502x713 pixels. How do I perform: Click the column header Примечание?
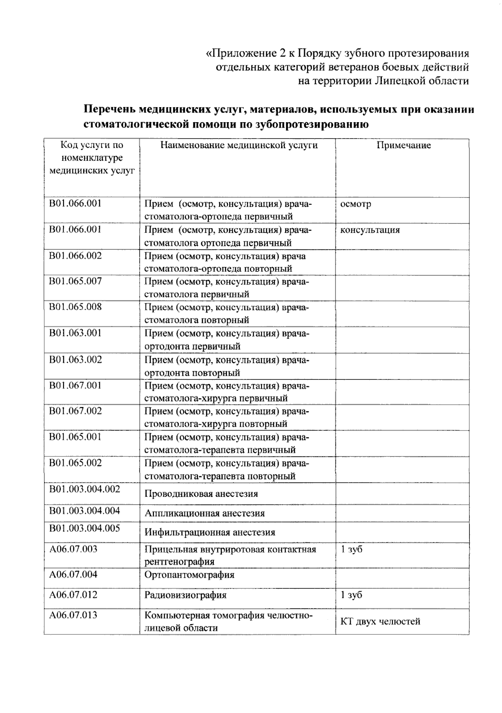(403, 145)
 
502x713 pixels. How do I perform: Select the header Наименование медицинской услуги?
(239, 145)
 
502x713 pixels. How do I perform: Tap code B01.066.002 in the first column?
(75, 256)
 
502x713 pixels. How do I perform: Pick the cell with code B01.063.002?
(75, 359)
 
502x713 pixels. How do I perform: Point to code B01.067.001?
(75, 385)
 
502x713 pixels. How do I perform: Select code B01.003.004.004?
(85, 510)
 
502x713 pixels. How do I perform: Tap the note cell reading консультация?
(370, 230)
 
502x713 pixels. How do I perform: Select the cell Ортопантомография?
(189, 575)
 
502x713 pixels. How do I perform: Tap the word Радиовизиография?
(185, 595)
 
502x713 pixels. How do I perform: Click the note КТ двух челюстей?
(380, 621)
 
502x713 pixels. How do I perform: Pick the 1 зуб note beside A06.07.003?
(351, 549)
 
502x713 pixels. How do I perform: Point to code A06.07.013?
(73, 615)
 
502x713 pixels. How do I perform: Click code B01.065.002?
(75, 463)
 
